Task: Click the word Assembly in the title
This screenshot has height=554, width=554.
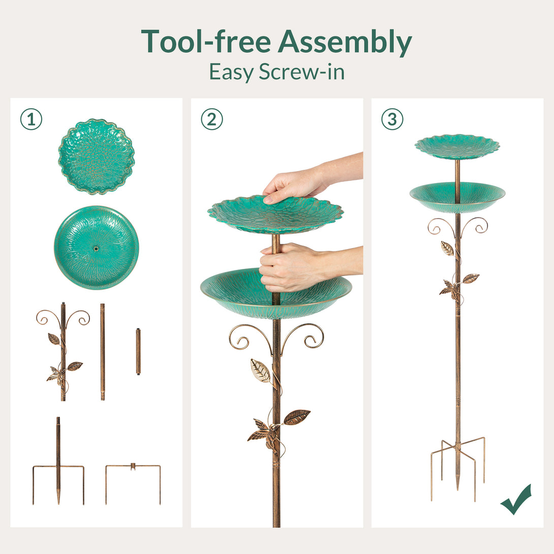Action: point(345,42)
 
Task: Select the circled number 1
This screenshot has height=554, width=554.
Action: point(31,119)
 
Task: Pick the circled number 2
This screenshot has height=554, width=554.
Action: point(212,119)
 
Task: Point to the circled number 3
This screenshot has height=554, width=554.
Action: point(392,119)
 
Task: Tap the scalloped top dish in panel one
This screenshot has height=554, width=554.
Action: point(97,157)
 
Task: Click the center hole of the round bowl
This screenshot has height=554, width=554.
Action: point(96,249)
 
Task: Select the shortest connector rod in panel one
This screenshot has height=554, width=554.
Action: point(138,352)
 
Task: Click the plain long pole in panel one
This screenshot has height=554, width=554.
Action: point(103,352)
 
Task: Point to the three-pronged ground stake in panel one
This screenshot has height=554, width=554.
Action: point(58,460)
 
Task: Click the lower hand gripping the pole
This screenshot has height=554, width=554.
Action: point(304,267)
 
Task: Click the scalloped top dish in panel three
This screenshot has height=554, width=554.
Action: point(457,146)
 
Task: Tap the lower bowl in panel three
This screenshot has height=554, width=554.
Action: point(457,197)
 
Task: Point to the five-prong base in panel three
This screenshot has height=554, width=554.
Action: point(457,468)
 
